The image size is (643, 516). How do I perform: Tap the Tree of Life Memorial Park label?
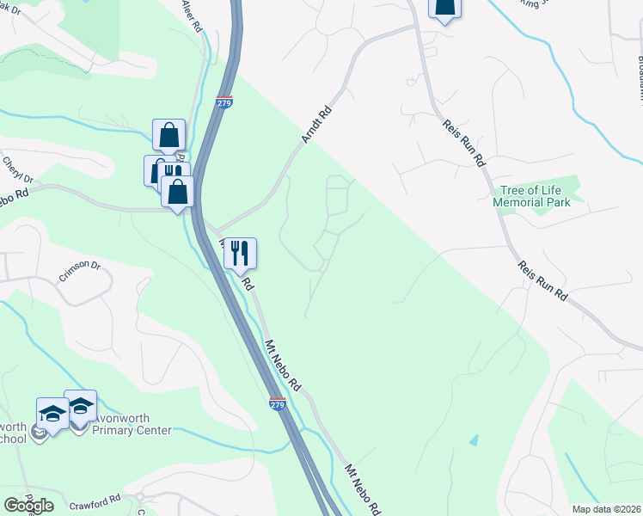531,196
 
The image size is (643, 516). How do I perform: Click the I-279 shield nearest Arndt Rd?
224,101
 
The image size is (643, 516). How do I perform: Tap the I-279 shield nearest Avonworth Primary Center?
277,403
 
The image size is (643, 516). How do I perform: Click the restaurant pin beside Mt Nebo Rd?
241,253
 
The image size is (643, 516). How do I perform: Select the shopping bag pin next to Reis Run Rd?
444,8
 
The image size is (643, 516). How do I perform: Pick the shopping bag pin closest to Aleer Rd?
168,135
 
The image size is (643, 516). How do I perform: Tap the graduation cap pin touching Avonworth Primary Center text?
81,407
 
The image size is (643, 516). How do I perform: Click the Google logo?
28,505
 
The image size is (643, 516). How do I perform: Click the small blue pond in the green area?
475,439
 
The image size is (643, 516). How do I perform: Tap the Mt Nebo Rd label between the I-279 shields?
282,362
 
